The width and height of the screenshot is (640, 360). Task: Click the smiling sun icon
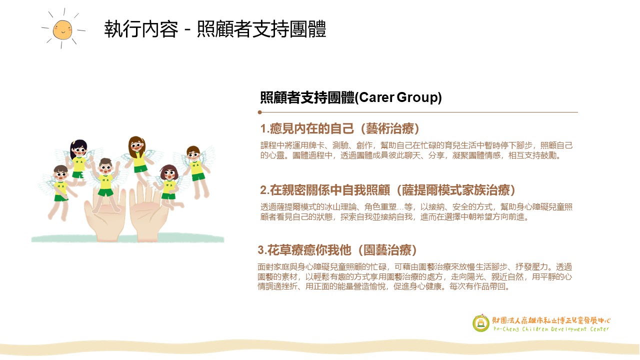point(62,29)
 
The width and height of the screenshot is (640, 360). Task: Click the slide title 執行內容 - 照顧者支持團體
point(215,29)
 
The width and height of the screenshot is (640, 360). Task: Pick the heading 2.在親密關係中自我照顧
point(325,190)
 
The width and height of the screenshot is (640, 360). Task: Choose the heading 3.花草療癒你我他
point(304,250)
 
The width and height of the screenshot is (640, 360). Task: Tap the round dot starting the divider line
point(259,112)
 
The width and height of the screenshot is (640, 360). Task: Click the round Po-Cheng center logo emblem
point(481,323)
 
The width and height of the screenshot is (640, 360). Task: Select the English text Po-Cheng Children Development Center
point(551,329)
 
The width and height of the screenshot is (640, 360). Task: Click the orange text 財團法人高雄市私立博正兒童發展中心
point(551,320)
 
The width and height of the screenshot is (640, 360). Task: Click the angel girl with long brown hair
point(138,160)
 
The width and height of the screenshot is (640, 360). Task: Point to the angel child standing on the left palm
point(106,184)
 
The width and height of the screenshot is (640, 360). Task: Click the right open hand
point(147,213)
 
